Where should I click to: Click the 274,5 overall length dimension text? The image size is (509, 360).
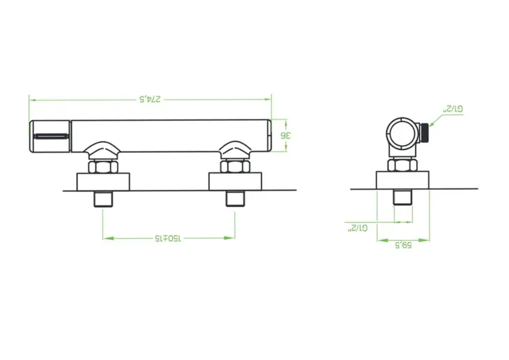click(150, 99)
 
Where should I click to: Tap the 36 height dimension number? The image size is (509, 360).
click(286, 135)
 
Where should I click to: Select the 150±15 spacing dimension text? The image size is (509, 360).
click(167, 239)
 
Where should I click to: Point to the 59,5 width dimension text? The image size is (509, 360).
click(403, 245)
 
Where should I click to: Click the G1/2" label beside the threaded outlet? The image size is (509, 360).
click(453, 110)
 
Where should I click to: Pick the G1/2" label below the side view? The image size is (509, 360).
click(358, 228)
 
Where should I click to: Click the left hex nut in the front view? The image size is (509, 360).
click(103, 167)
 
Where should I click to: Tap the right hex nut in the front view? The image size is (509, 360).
click(235, 167)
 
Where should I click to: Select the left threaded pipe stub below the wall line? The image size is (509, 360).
click(104, 199)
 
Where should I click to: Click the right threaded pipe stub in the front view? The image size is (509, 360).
click(235, 199)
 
